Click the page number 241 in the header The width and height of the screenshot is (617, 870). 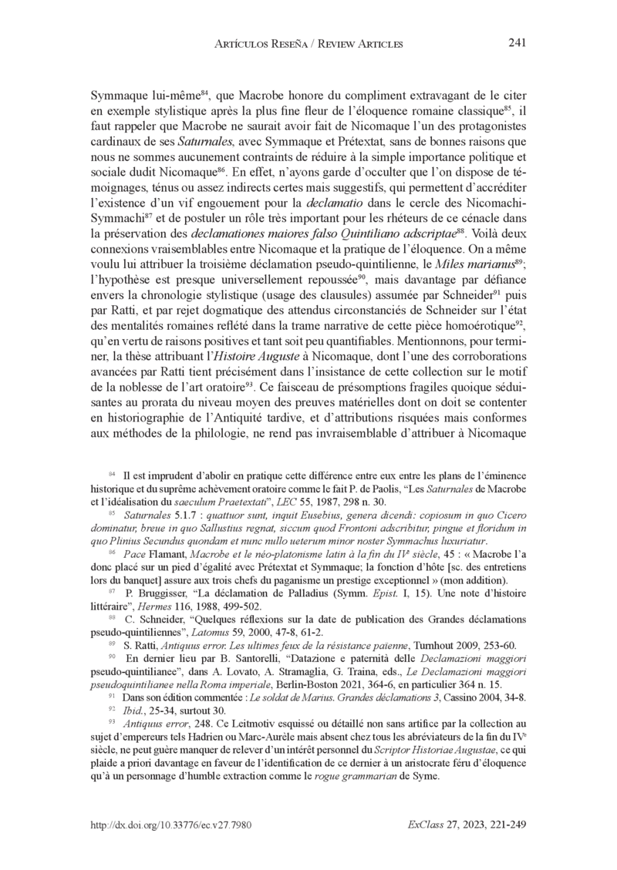(x=517, y=42)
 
